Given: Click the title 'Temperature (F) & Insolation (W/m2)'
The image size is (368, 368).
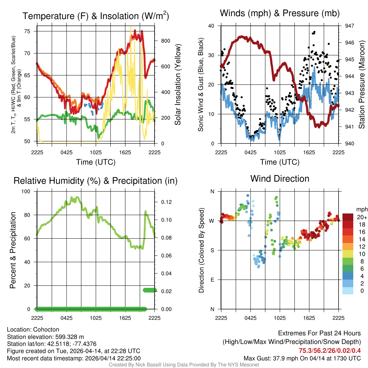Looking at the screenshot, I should (96, 16).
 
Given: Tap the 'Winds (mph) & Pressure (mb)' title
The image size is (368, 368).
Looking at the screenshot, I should (280, 13).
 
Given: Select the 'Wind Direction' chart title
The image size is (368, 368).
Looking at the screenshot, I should (280, 179).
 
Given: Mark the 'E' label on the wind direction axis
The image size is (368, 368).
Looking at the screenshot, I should (212, 280).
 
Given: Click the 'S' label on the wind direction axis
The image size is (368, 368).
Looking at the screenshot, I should (212, 250).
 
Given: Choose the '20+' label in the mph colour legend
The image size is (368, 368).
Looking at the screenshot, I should (362, 217).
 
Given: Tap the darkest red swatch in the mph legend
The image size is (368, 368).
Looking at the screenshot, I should (348, 217).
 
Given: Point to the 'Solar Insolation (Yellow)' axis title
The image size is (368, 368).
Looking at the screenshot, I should (178, 84).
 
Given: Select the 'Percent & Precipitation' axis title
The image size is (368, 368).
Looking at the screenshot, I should (13, 250).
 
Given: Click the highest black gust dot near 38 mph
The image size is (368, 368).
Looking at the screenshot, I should (314, 32).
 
